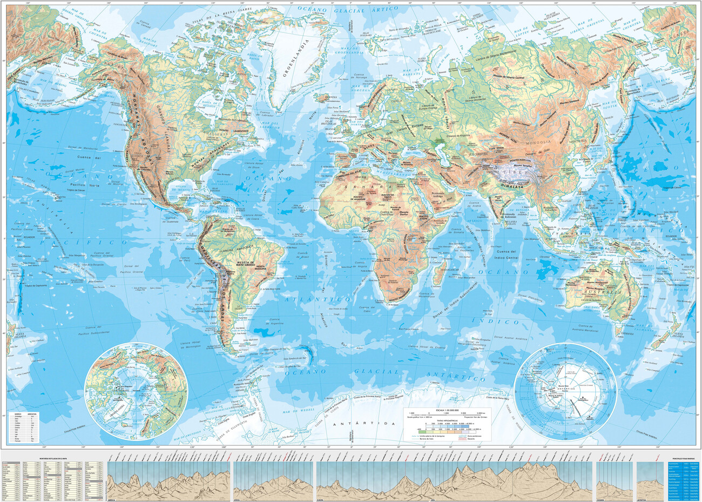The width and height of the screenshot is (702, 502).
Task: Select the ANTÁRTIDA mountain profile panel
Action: pos(651,481)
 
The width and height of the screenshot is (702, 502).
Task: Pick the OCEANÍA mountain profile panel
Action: pos(613,481)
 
